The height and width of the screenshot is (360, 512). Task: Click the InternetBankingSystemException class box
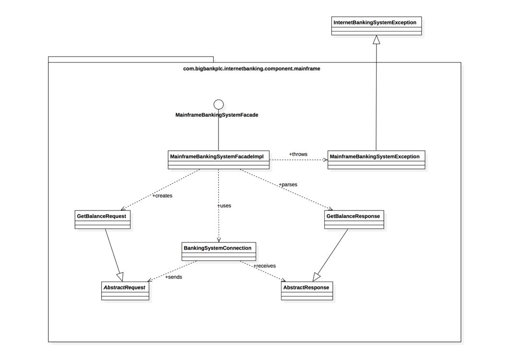click(376, 26)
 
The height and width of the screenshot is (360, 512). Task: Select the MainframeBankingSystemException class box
click(376, 160)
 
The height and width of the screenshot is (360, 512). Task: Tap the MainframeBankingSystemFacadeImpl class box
click(219, 160)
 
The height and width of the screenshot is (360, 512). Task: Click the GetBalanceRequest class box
click(102, 219)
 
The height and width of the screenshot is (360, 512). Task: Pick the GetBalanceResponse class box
click(354, 219)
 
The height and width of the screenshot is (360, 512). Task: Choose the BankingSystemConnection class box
click(219, 252)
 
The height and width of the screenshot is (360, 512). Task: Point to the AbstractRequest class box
click(125, 291)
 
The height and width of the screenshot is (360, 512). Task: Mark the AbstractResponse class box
click(306, 291)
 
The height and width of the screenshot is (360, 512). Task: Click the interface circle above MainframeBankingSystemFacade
click(219, 104)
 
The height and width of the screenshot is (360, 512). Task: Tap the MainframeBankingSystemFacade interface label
click(217, 115)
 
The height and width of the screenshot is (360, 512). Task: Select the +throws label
click(298, 154)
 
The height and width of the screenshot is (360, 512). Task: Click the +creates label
click(162, 195)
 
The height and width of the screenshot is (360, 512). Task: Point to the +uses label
click(224, 205)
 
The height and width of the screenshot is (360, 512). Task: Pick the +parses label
click(288, 184)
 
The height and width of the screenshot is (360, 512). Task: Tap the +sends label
click(173, 276)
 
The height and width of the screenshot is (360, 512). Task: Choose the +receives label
click(264, 265)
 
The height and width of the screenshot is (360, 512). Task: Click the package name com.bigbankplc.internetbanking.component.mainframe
click(252, 69)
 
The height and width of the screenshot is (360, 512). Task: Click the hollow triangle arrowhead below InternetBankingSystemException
click(376, 40)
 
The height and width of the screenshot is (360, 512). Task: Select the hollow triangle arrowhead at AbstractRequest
click(120, 276)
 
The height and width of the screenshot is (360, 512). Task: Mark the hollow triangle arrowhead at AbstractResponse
click(317, 277)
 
